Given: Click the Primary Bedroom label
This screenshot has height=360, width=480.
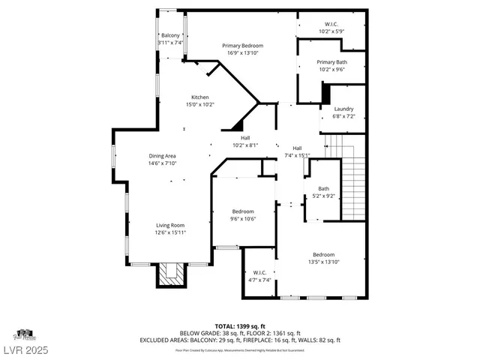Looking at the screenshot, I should coord(242,46).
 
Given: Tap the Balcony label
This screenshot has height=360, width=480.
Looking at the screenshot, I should coord(170,35).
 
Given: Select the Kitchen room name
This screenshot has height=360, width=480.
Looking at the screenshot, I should coord(199,97).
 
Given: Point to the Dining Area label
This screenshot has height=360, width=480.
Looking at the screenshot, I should coord(161,155).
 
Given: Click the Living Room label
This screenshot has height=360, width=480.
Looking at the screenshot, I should coord(170,225).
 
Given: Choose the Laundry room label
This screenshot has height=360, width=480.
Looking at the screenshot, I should coord(343,109).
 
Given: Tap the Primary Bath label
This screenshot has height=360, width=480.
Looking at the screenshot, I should coord(331,62).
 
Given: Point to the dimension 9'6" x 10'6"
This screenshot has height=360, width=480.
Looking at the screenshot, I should coord(242,219).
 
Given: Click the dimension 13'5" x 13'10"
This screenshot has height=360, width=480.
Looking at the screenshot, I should coord(324,262).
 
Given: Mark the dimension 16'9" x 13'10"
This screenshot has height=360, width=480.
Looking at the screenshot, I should coord(242,53).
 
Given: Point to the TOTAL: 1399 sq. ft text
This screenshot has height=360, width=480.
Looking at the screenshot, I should coord(239,325).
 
